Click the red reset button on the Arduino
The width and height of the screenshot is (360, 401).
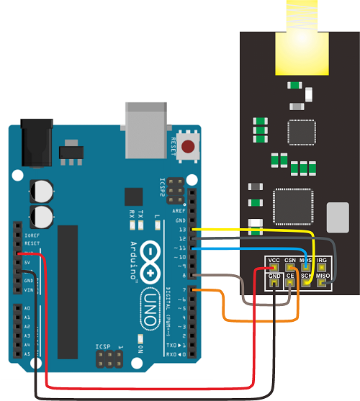[x=188, y=148]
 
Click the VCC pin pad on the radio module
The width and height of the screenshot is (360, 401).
[x=274, y=268]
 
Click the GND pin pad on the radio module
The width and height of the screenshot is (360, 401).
[x=274, y=284]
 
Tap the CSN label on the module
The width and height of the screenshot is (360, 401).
[x=290, y=260]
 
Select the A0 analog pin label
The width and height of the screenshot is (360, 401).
[x=27, y=307]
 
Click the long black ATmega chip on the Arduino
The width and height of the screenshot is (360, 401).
[x=67, y=291]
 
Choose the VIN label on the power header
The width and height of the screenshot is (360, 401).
[x=28, y=289]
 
